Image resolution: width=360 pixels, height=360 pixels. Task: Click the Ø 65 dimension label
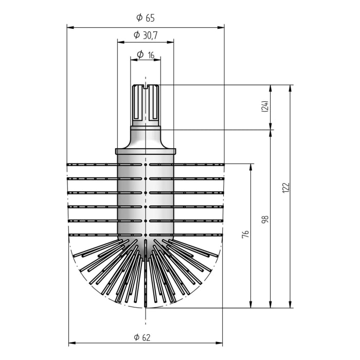[x=146, y=18]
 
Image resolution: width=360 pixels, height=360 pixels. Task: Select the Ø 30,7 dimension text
[x=146, y=35]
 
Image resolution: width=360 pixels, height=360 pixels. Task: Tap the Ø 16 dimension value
[x=146, y=54]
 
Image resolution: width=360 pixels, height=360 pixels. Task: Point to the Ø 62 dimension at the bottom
[x=146, y=337]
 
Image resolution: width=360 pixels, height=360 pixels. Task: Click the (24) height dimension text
[x=264, y=107]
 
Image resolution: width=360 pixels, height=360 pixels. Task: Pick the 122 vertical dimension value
[x=286, y=188]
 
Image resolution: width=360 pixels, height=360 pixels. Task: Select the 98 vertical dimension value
[x=265, y=220]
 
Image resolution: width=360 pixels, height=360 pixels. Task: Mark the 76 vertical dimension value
[x=245, y=234]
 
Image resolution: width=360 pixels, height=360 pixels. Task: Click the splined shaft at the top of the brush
[x=146, y=103]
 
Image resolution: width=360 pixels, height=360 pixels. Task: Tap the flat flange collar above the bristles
[x=146, y=151]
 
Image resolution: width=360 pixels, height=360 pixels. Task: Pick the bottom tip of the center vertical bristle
[x=146, y=305]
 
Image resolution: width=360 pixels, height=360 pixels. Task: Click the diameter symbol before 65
[x=139, y=18]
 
